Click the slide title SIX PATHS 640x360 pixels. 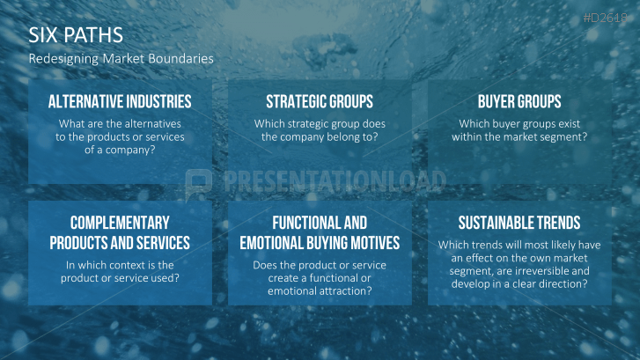pyautogui.click(x=76, y=35)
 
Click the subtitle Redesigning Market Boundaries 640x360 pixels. pyautogui.click(x=121, y=59)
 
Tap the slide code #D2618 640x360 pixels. pyautogui.click(x=606, y=18)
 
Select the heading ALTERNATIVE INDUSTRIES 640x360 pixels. pyautogui.click(x=120, y=101)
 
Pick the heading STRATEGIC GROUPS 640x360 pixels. pyautogui.click(x=320, y=101)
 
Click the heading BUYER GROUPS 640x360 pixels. pyautogui.click(x=519, y=101)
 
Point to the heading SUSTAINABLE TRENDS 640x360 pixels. pyautogui.click(x=519, y=223)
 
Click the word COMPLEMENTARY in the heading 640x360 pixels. pyautogui.click(x=120, y=223)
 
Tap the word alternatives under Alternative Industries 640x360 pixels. pyautogui.click(x=152, y=124)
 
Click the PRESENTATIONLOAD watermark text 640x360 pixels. pyautogui.click(x=335, y=181)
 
